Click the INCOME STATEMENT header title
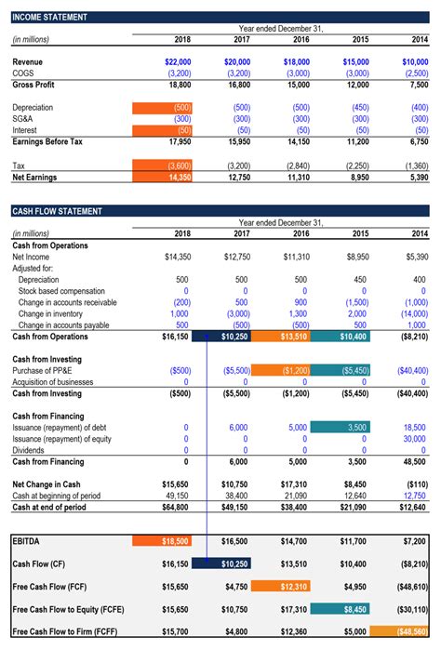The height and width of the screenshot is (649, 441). (x=50, y=17)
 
